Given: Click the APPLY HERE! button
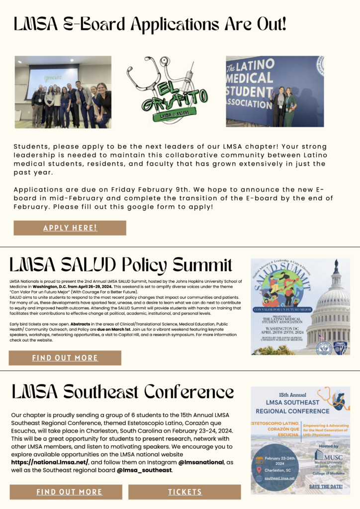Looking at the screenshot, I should click(x=70, y=228).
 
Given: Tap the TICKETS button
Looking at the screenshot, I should click(x=184, y=492).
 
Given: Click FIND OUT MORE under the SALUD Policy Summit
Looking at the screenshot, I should click(x=65, y=358).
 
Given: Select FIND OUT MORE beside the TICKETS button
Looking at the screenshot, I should click(x=69, y=492).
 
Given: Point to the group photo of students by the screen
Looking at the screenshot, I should click(x=63, y=92).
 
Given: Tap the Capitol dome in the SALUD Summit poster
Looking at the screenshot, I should click(x=333, y=298).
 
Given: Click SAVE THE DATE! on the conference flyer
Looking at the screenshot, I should click(x=326, y=486).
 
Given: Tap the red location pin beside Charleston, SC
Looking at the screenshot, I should click(x=259, y=470).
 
